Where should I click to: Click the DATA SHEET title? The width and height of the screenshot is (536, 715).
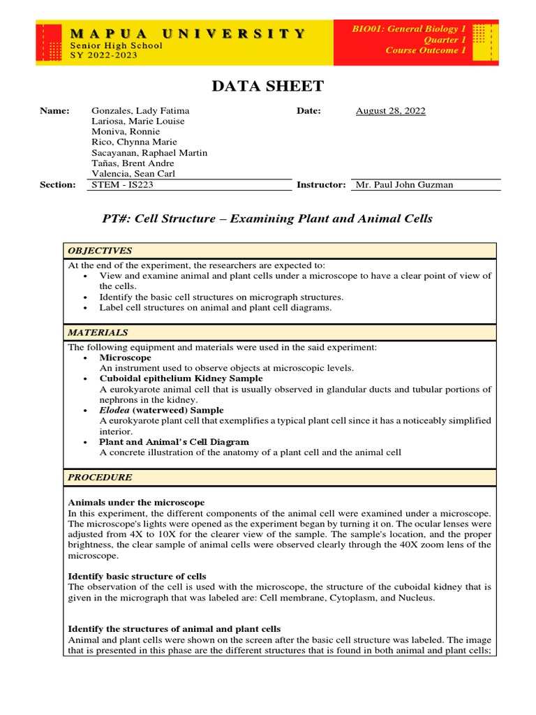268,86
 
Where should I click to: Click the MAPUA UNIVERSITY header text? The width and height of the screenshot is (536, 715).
188,33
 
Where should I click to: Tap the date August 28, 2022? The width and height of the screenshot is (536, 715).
390,110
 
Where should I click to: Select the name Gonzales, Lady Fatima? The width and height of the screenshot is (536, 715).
140,110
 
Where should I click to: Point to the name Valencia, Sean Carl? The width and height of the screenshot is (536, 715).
133,173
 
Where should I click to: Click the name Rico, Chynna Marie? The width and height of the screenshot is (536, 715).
134,142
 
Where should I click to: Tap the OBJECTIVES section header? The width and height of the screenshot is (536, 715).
99,251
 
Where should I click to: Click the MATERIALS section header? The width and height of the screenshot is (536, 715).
98,332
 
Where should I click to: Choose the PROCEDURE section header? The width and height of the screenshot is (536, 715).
99,478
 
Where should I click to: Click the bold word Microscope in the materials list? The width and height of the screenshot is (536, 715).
125,357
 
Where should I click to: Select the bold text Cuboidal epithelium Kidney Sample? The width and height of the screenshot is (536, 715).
181,378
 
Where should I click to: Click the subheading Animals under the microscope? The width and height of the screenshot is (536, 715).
136,502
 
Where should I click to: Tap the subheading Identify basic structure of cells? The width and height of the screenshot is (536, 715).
137,576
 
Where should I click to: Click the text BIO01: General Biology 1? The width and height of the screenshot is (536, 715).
409,29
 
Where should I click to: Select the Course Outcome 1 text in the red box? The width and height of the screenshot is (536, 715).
425,50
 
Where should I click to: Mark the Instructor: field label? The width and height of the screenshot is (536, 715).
321,184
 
